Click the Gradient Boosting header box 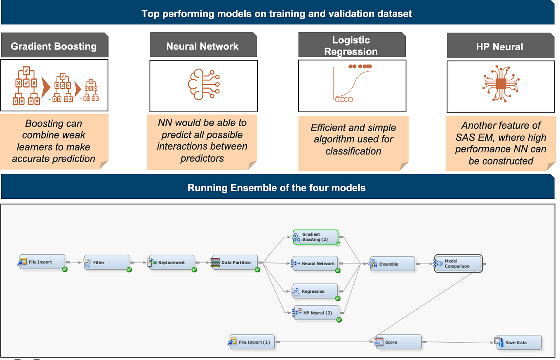(x=54, y=46)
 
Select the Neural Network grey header (x=202, y=46)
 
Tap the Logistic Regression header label (x=351, y=45)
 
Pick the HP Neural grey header (x=499, y=47)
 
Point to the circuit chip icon (x=501, y=84)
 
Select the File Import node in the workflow (x=42, y=262)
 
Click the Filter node (x=106, y=262)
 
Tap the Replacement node (x=171, y=262)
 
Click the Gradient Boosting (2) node (x=315, y=237)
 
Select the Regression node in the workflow (x=315, y=291)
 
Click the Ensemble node (x=392, y=264)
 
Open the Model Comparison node (x=458, y=264)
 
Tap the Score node (x=398, y=342)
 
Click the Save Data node (x=518, y=343)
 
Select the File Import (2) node (x=252, y=342)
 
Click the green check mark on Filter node (x=129, y=270)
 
